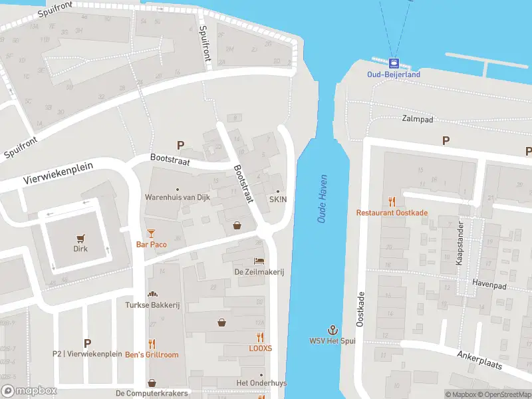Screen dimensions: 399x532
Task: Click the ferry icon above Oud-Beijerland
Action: pyautogui.click(x=394, y=64)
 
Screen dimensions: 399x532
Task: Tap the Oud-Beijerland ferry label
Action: pyautogui.click(x=394, y=74)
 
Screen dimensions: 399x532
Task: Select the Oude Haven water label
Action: pyautogui.click(x=323, y=204)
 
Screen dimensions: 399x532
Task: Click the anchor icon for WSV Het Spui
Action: pyautogui.click(x=332, y=330)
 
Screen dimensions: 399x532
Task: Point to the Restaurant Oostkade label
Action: pyautogui.click(x=392, y=213)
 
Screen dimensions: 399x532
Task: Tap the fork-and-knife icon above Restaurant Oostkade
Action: pyautogui.click(x=392, y=201)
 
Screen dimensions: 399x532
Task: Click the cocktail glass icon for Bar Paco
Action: pyautogui.click(x=151, y=233)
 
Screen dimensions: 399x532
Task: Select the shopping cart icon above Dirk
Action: pyautogui.click(x=80, y=238)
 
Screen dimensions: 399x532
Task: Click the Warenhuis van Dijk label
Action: pyautogui.click(x=177, y=198)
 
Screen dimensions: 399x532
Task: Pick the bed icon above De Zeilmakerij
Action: pyautogui.click(x=259, y=261)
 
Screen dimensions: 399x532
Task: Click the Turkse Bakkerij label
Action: pyautogui.click(x=152, y=305)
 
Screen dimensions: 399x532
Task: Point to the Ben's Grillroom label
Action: pyautogui.click(x=152, y=354)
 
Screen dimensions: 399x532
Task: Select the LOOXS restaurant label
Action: pyautogui.click(x=260, y=348)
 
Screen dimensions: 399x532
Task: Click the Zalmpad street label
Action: pyautogui.click(x=417, y=119)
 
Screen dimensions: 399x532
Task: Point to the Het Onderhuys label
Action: pyautogui.click(x=260, y=383)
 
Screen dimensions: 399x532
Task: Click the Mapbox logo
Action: pyautogui.click(x=29, y=391)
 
